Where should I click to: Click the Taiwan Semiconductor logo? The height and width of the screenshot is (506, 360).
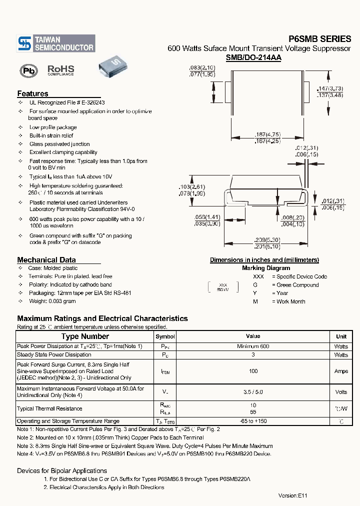(x=55, y=43)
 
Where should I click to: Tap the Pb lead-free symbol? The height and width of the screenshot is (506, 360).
(x=28, y=70)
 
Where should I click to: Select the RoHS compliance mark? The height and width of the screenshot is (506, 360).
(x=60, y=70)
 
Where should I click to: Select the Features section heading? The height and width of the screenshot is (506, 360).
(x=32, y=93)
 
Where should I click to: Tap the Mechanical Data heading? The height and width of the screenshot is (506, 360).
(x=46, y=259)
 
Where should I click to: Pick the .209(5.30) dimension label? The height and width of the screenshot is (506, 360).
(x=266, y=240)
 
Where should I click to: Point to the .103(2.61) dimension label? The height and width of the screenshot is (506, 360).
(x=192, y=187)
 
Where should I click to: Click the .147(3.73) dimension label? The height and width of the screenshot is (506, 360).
(x=330, y=88)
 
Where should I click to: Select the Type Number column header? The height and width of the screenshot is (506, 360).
(x=84, y=336)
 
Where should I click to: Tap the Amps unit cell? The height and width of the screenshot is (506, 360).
(x=341, y=371)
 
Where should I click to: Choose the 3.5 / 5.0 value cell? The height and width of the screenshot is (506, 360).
(x=253, y=392)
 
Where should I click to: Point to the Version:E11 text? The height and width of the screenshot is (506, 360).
(x=293, y=495)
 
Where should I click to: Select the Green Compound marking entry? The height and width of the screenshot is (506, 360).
(x=297, y=285)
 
